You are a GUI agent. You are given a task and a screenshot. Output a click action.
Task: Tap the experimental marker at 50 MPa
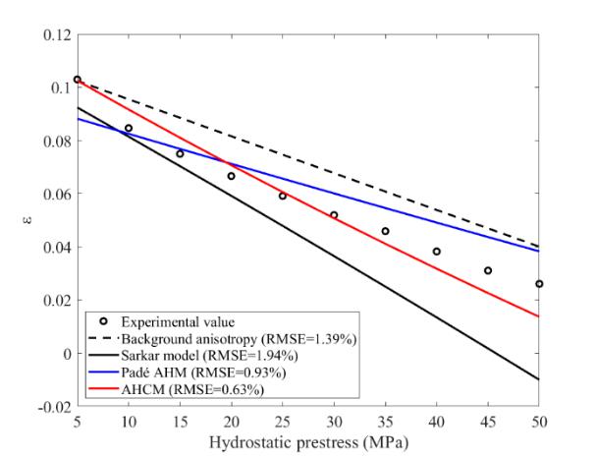(539, 284)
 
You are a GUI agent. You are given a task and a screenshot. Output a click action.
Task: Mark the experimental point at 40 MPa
(437, 252)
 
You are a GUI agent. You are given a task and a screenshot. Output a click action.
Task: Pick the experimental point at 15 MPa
(180, 154)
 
